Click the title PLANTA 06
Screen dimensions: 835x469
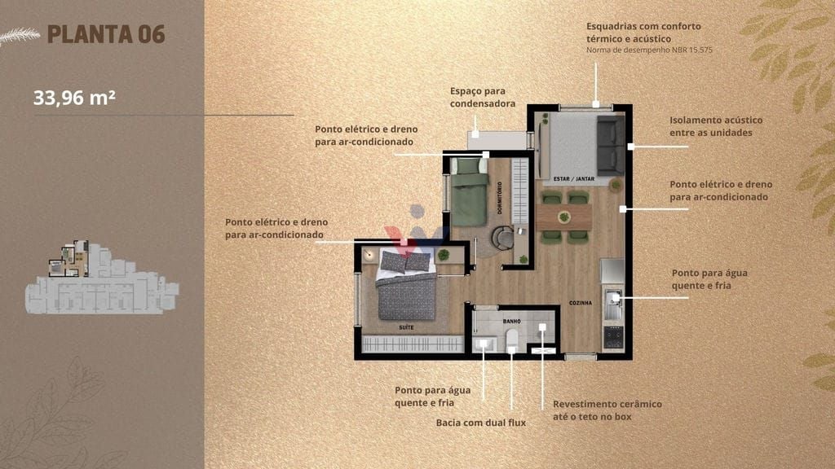[106, 34]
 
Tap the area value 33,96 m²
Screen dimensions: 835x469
[74, 98]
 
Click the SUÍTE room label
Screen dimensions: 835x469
[406, 327]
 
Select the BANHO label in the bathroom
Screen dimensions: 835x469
[512, 321]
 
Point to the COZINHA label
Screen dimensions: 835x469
[581, 303]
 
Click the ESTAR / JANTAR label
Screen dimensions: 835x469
[573, 179]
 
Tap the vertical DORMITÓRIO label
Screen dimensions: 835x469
[500, 198]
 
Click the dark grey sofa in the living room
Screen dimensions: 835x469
[610, 145]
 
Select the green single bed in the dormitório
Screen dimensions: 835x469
[469, 192]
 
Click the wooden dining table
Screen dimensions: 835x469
[564, 217]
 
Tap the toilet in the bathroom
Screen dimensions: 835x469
[512, 340]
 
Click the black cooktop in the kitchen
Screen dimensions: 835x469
[613, 336]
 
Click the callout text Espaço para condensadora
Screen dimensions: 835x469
[483, 98]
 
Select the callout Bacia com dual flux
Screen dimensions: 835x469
[481, 423]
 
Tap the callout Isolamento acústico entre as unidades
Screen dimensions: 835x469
[716, 126]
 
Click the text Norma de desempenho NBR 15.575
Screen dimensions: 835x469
[649, 50]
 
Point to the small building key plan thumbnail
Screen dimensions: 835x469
[102, 277]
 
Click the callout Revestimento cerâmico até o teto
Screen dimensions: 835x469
[607, 410]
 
